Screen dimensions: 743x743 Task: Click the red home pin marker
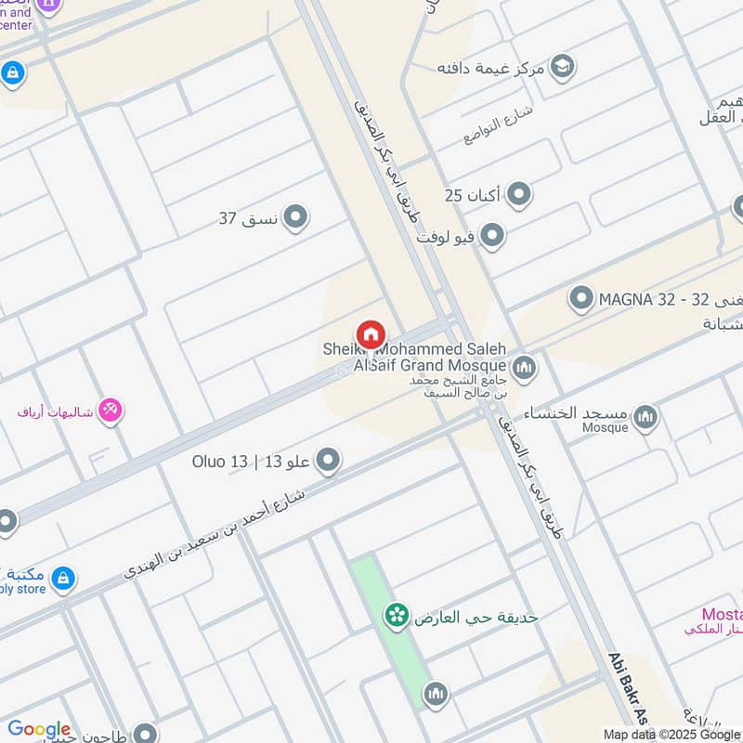point(370,334)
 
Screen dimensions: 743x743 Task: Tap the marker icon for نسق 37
point(295,218)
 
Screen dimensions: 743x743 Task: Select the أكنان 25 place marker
point(519,195)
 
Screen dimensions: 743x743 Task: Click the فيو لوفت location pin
point(492,236)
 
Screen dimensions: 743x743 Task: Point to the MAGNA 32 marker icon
point(581,299)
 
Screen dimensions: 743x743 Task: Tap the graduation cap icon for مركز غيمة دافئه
point(561,67)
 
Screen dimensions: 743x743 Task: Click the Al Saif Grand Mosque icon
point(525,369)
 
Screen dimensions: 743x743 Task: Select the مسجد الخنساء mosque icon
point(645,417)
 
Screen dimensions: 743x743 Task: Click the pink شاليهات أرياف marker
point(111,410)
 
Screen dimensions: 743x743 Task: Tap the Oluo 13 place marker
point(327,460)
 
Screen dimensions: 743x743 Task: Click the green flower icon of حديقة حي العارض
point(398,616)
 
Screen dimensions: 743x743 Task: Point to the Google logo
point(39,729)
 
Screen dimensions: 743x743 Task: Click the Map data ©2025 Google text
point(670,733)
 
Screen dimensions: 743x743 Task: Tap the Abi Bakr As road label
point(626,687)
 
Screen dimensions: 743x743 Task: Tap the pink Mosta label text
point(722,614)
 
